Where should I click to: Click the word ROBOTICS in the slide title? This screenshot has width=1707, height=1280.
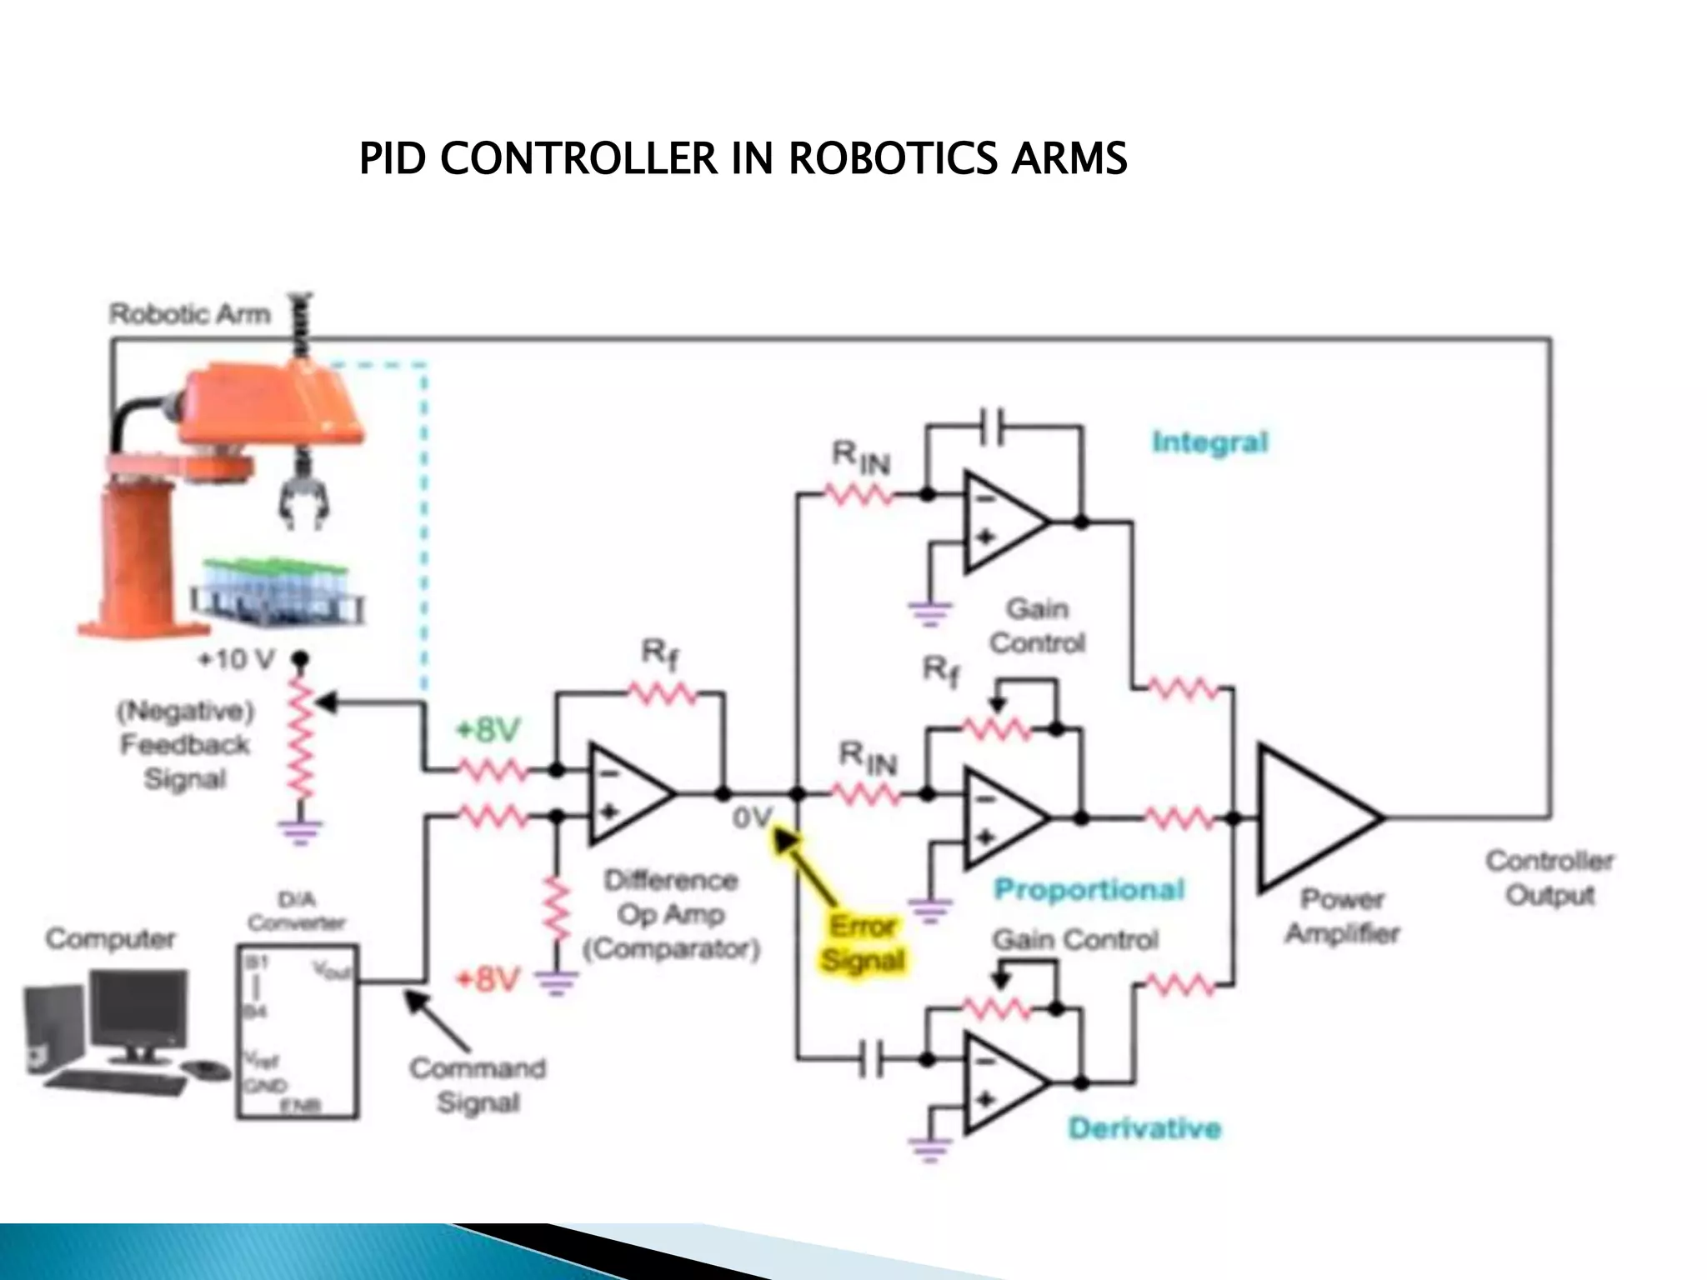[x=891, y=159]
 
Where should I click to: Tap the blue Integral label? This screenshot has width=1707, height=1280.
[x=1209, y=442]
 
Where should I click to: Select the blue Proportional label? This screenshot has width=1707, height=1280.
[x=1089, y=890]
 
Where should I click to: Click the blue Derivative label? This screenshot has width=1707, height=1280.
[x=1144, y=1128]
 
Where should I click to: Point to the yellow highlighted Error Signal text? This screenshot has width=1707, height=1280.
[x=864, y=943]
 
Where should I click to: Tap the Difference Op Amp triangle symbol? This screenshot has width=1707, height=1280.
[x=625, y=793]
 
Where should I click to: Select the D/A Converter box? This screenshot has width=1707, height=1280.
[x=298, y=1031]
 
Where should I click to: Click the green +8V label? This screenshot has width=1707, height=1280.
[x=488, y=730]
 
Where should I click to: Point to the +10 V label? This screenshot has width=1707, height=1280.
[x=236, y=660]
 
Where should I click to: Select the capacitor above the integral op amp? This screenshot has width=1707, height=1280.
[x=993, y=427]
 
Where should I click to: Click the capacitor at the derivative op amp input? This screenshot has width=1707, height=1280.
[x=873, y=1061]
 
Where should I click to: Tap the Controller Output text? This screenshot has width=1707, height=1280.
[x=1549, y=877]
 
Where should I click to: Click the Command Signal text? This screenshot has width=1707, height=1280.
[x=478, y=1085]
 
